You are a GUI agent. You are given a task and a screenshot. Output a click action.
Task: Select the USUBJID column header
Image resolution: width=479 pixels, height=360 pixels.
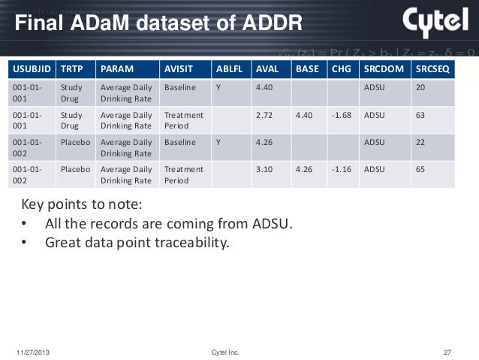(30, 70)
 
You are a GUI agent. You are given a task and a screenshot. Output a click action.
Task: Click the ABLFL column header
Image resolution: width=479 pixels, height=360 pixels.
(229, 70)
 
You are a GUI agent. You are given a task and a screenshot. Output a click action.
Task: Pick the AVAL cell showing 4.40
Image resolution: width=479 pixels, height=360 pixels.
(265, 88)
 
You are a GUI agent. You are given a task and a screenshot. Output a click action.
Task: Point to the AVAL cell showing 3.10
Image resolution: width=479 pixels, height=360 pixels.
(265, 169)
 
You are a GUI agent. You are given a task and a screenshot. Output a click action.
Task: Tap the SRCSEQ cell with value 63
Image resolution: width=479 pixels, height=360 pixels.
(420, 115)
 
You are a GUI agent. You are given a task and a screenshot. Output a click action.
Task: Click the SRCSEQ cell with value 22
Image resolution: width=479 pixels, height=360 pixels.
(420, 142)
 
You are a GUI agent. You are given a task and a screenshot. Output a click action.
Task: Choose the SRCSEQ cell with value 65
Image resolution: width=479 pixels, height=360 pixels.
(420, 169)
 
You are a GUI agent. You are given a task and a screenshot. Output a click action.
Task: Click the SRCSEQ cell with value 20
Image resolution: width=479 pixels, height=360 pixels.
(420, 88)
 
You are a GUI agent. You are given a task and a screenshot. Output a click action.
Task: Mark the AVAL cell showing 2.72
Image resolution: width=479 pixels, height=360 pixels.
(265, 115)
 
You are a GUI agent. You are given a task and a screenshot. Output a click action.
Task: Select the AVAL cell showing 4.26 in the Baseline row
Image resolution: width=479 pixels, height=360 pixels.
(265, 142)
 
